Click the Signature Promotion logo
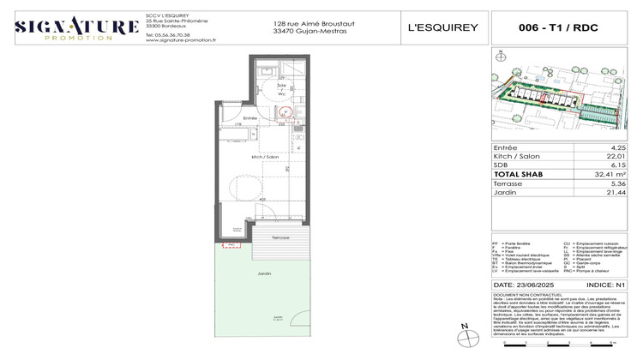coord(77,27)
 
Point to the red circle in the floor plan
coord(287,111)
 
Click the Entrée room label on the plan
coord(250,118)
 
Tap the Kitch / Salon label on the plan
coord(264,157)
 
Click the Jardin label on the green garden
coord(265,272)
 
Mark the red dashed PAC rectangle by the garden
coord(231,245)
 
